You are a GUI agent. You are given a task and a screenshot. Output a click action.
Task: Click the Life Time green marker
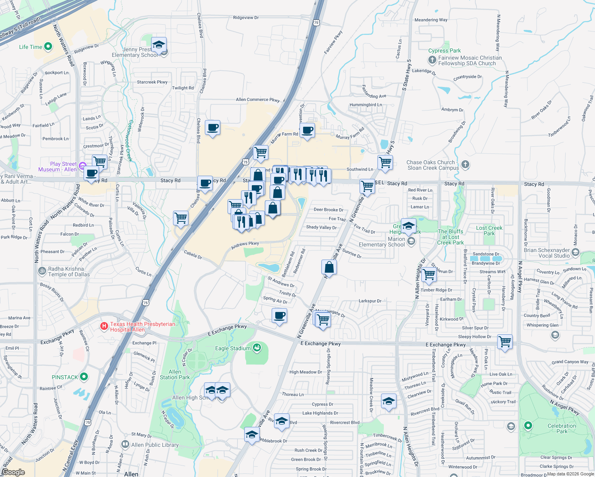coord(48,47)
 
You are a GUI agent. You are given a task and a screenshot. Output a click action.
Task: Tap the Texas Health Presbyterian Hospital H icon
coord(104,326)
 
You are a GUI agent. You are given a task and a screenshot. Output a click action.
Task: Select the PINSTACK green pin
coord(84,376)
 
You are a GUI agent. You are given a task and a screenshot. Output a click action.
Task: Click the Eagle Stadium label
coord(233,348)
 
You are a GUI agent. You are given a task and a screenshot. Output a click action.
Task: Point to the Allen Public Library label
coord(155,445)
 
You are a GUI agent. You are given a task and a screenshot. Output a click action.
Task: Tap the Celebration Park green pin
coord(528,425)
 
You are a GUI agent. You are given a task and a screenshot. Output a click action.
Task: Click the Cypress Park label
coord(444,50)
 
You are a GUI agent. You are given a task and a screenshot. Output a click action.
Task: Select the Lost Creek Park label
coord(489,231)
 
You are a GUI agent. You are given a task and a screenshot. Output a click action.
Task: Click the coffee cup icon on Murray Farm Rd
coord(307,130)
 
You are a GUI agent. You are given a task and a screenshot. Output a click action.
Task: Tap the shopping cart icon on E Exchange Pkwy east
coord(505,341)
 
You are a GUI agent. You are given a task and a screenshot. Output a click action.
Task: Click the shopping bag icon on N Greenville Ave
coord(329,267)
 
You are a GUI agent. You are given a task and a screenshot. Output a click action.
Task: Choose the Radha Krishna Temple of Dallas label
coord(69,271)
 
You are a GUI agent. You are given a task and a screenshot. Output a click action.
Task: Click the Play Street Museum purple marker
coord(82,166)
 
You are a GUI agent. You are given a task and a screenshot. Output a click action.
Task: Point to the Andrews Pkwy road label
coord(245,245)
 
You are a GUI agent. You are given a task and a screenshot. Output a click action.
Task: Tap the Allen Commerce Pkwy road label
coord(258,100)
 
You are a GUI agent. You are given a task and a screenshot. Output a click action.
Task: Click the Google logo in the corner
coord(13,472)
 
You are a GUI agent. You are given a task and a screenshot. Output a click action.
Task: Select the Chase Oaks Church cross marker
coord(465,164)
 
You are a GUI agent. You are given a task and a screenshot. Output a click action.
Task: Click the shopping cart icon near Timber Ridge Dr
coord(429,274)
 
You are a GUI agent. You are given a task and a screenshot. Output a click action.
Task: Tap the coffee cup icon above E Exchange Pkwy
coord(280,316)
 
